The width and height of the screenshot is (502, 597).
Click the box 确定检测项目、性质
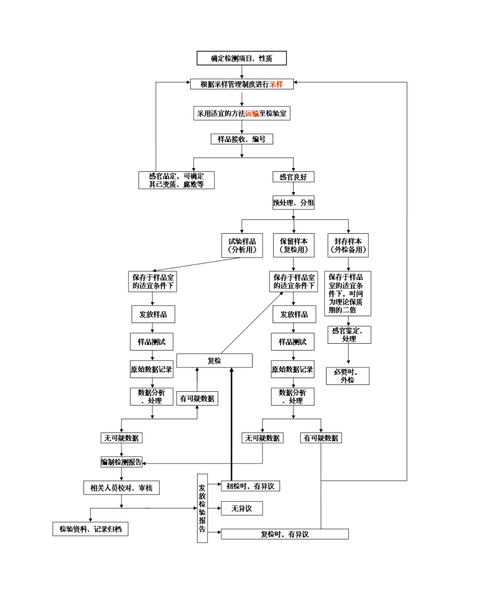[x=241, y=58]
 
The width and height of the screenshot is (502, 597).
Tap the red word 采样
[x=276, y=84]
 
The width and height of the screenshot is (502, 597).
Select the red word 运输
[x=252, y=113]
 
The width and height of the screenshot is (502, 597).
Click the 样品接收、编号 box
[x=241, y=139]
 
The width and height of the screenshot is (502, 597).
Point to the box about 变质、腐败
[x=176, y=180]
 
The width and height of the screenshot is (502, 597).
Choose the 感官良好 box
[x=293, y=177]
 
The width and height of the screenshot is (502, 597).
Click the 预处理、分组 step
[x=293, y=203]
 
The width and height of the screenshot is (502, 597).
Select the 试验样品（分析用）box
[x=241, y=245]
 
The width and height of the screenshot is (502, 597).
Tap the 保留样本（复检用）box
[x=293, y=245]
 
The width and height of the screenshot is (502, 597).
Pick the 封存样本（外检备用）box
[x=348, y=245]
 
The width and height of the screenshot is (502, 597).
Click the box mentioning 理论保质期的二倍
[x=347, y=293]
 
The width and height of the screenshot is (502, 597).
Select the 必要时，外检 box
[x=347, y=376]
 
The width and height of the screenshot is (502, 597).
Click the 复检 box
[x=214, y=361]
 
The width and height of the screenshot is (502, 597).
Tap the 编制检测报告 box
[x=122, y=462]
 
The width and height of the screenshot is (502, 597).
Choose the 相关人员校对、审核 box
[x=121, y=488]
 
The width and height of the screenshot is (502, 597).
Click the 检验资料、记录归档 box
[x=90, y=529]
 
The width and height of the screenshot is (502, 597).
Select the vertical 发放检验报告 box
[x=202, y=508]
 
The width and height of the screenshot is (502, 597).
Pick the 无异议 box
[x=241, y=509]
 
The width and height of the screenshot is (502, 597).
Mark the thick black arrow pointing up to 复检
[x=231, y=423]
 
